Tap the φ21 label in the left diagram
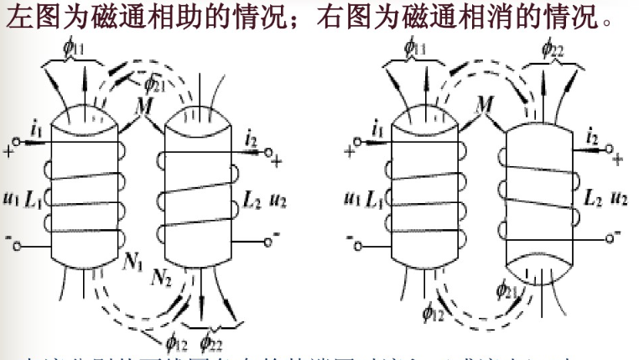pos(154,82)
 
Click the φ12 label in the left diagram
pos(175,341)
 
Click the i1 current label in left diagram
pos(34,131)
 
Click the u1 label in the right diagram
pos(352,200)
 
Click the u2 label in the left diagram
pos(278,201)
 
